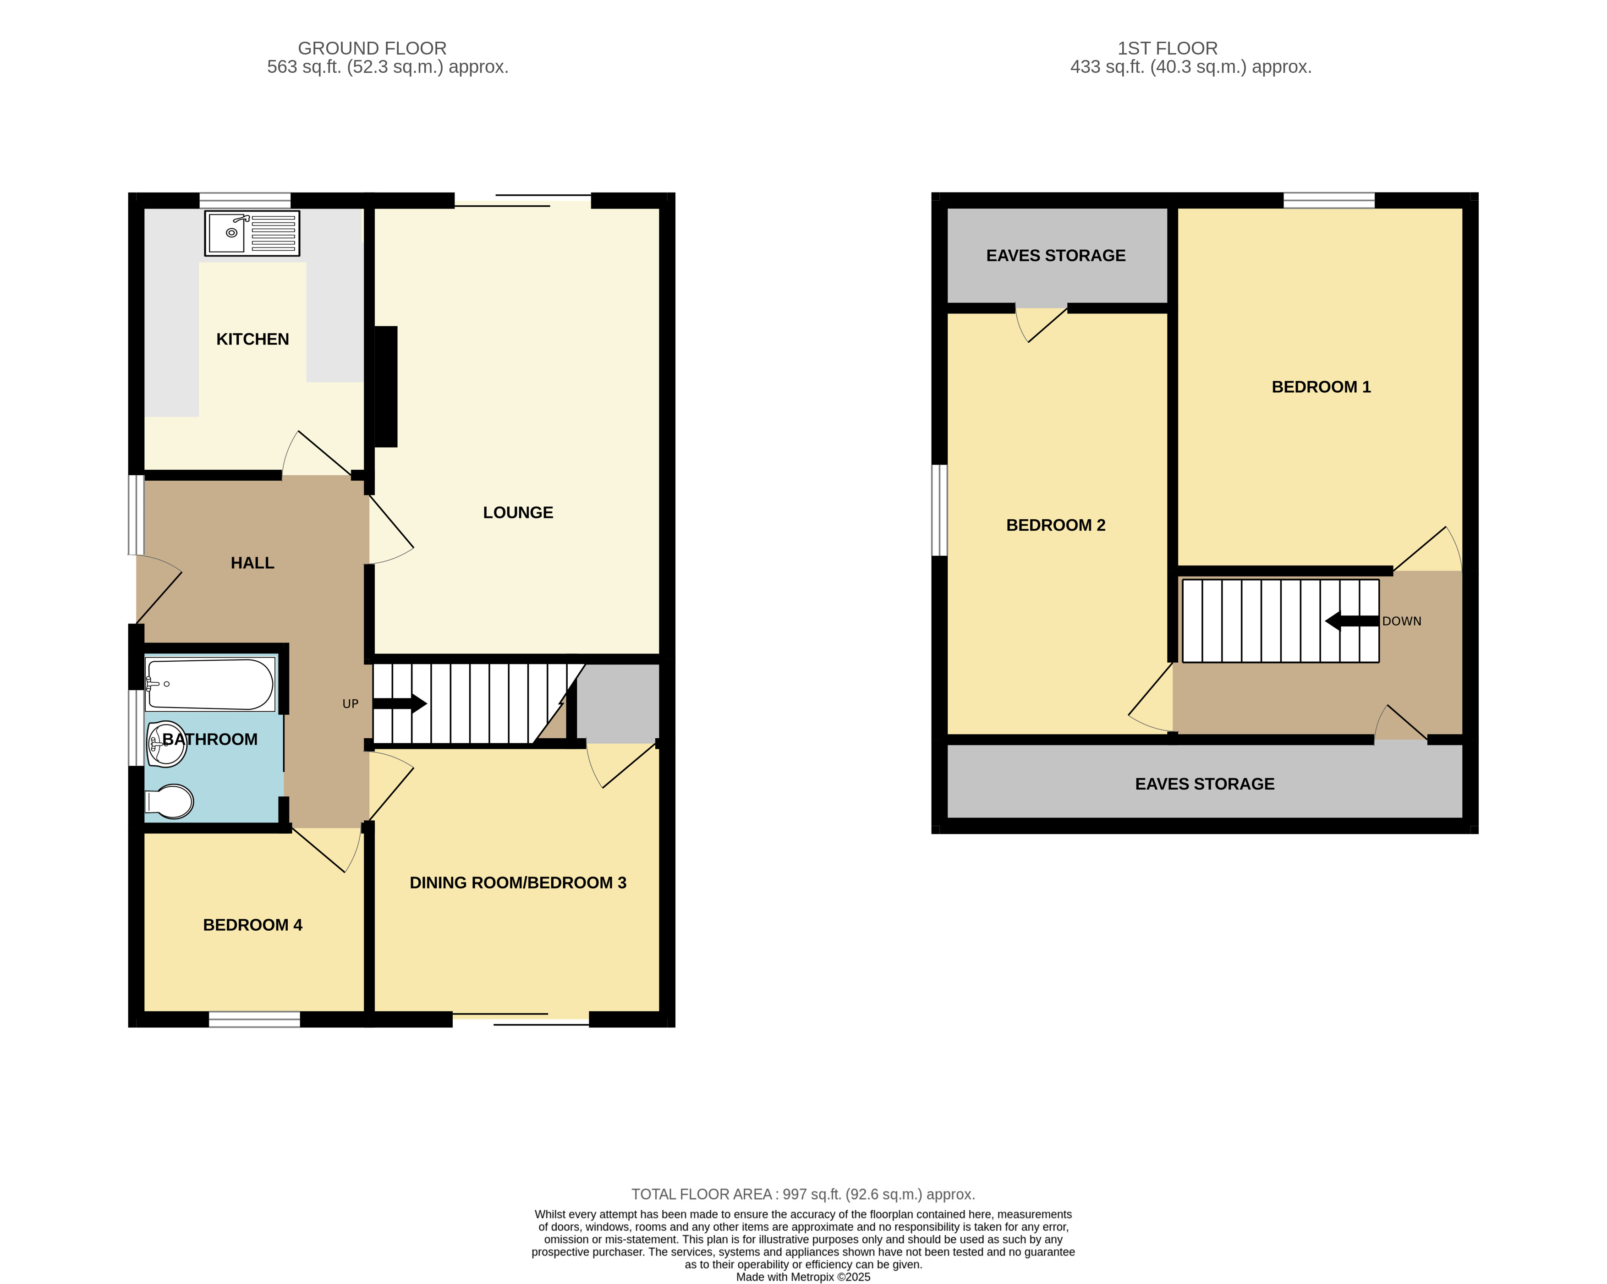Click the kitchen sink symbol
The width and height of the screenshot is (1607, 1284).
(x=252, y=233)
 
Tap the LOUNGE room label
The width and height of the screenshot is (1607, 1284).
(x=518, y=513)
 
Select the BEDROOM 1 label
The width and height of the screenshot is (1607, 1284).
(x=1321, y=387)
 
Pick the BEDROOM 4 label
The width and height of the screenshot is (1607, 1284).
(x=252, y=925)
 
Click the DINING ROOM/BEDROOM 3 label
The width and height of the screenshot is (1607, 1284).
(x=518, y=882)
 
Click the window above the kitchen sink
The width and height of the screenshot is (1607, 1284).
(x=245, y=200)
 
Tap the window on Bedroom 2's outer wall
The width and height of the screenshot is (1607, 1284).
(x=939, y=510)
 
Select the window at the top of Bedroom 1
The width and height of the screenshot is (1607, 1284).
(x=1328, y=200)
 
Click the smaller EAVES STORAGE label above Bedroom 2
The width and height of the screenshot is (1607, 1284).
(x=1055, y=256)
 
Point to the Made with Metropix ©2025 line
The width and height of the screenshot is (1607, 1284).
(x=803, y=1277)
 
